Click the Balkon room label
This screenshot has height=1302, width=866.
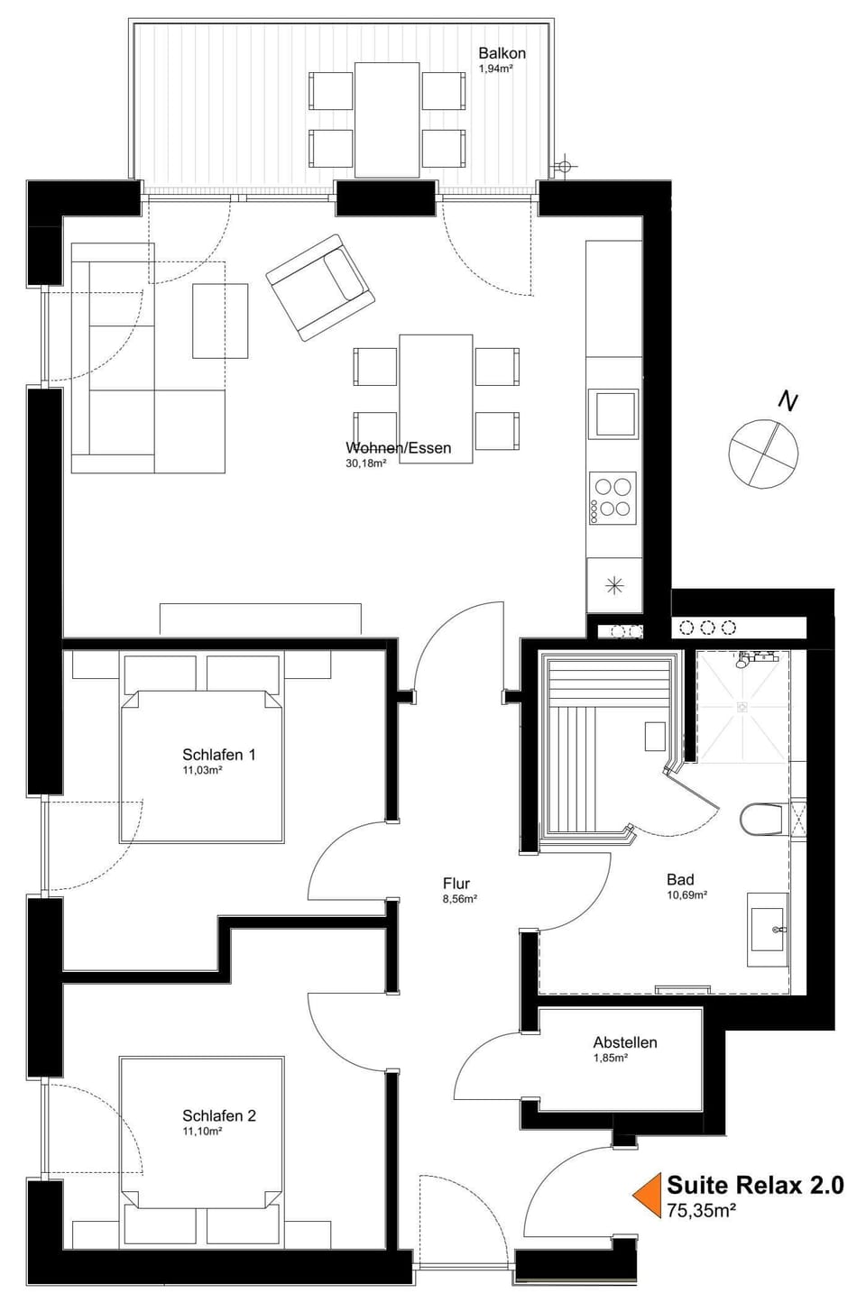click(x=502, y=53)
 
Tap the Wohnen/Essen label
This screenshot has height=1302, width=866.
click(x=398, y=448)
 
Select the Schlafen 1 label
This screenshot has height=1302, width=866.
click(x=218, y=755)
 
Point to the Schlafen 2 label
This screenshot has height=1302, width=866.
click(x=218, y=1115)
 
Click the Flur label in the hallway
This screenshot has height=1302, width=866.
click(x=456, y=884)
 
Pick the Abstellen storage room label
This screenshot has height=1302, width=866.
click(x=625, y=1042)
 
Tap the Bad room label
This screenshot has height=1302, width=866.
click(x=680, y=880)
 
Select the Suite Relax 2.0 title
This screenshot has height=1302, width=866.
click(x=755, y=1185)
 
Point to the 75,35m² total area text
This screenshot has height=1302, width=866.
click(x=701, y=1210)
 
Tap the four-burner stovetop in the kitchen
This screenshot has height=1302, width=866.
click(x=613, y=498)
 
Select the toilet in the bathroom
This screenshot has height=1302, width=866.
click(x=761, y=820)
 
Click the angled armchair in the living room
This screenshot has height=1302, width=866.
click(x=320, y=287)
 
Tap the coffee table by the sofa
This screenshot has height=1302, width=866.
click(x=220, y=320)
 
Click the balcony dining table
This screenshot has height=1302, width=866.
click(x=387, y=119)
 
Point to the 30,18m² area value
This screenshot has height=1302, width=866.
click(x=365, y=463)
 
